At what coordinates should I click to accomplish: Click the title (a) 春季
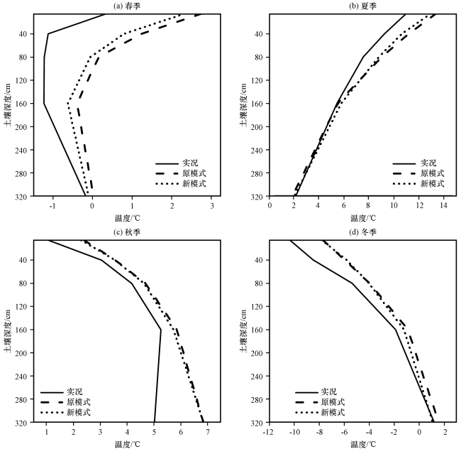click(127, 6)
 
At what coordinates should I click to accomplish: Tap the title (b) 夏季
click(363, 6)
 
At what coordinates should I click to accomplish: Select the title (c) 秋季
click(127, 232)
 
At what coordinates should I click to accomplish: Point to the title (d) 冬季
click(363, 232)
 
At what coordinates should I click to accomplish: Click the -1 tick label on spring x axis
click(52, 206)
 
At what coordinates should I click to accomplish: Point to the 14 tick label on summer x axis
click(443, 206)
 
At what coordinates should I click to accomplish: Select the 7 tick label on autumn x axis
click(208, 432)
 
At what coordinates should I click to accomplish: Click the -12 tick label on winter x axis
click(269, 432)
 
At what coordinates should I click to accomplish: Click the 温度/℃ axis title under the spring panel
click(127, 218)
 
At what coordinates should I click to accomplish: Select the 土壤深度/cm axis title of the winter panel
click(244, 330)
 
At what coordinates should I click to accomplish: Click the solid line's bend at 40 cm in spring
click(48, 34)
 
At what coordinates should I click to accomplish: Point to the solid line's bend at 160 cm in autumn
click(161, 330)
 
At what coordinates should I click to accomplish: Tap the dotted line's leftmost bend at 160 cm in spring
click(68, 104)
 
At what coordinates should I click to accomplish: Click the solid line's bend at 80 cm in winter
click(352, 283)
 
